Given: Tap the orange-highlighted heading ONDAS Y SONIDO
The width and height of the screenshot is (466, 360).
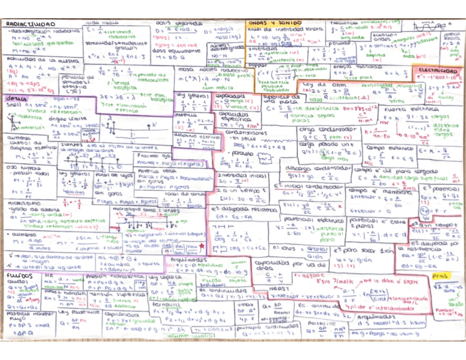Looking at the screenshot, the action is coord(273,23).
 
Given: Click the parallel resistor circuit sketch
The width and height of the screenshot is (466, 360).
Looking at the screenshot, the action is coord(266,158).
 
